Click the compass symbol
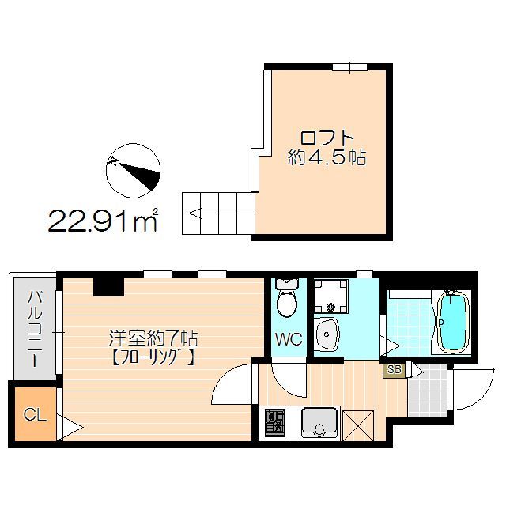point(133,171)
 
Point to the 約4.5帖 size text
point(326,157)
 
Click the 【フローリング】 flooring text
point(153,357)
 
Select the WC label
point(288,340)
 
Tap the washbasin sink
point(326,335)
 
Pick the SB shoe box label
point(394,369)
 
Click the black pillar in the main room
point(108,286)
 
